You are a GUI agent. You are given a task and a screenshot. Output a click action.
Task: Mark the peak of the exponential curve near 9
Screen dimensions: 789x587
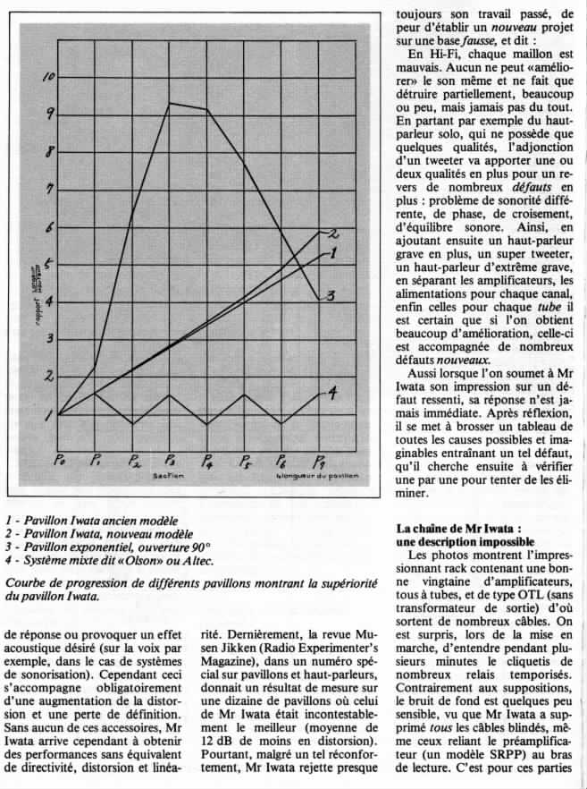[170, 104]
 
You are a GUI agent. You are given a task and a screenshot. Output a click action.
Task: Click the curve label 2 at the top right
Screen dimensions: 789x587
[332, 234]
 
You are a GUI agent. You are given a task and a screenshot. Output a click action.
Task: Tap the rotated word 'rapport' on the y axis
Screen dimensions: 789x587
[29, 305]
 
